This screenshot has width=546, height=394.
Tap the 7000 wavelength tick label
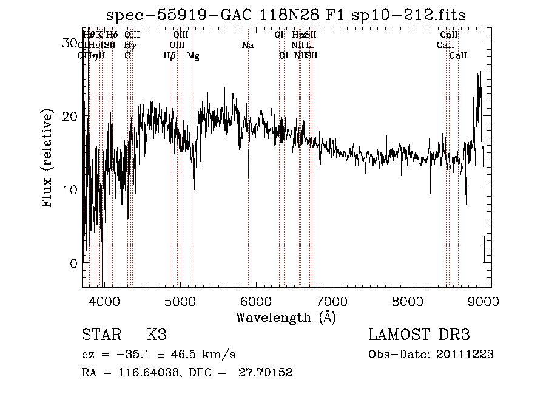point(331,301)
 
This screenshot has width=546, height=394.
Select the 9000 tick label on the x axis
point(483,301)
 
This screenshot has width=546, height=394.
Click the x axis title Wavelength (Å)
point(286,317)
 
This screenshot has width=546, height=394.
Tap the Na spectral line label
point(248,45)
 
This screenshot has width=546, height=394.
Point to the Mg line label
point(193,55)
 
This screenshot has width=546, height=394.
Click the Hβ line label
point(170,55)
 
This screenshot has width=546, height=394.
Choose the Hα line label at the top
point(297,35)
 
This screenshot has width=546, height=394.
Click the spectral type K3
point(157,335)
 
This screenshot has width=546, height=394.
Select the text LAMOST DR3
point(419,335)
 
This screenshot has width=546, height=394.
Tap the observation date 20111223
point(464,355)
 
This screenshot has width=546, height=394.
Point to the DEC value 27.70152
point(268,373)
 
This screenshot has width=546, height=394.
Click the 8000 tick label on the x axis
point(407,301)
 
